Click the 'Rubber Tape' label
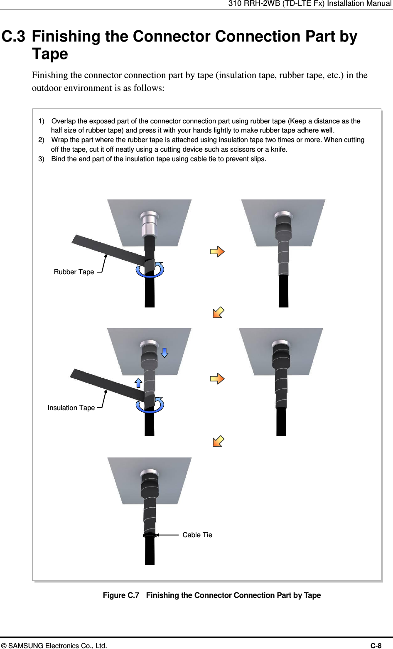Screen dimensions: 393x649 tap(74, 272)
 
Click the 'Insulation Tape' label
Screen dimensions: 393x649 tap(71, 408)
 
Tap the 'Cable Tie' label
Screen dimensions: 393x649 tap(197, 535)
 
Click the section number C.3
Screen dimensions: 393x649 tap(13, 37)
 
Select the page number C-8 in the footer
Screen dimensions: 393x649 tap(376, 646)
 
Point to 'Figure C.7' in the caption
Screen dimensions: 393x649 tap(121, 595)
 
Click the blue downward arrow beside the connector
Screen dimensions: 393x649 tap(165, 353)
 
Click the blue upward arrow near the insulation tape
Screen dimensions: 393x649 tap(138, 383)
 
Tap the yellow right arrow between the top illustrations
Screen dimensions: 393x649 tap(217, 251)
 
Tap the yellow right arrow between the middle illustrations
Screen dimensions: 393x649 tap(217, 379)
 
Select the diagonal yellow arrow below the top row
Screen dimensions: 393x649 tap(219, 312)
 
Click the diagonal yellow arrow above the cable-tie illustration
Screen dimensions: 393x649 tap(219, 441)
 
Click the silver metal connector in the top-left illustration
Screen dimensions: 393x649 tap(150, 224)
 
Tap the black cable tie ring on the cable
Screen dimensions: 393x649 tap(150, 535)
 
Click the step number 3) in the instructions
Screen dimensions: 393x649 tap(42, 159)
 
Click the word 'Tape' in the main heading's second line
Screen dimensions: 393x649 tap(50, 54)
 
